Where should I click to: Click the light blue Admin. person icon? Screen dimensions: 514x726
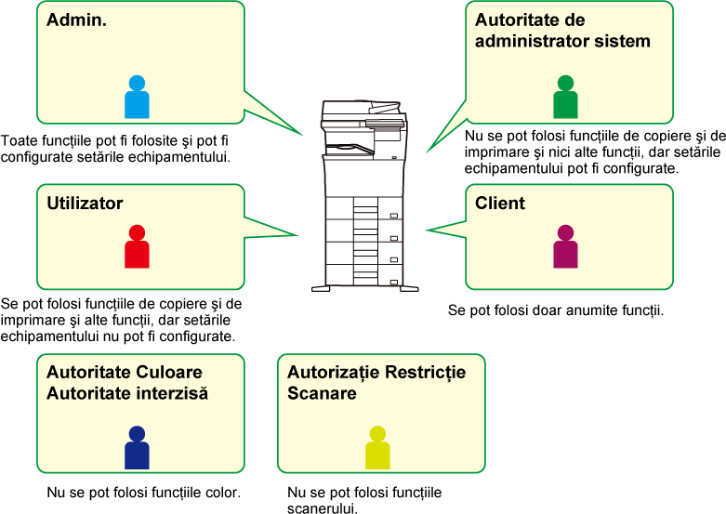[137, 97]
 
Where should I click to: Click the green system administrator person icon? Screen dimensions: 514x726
[565, 97]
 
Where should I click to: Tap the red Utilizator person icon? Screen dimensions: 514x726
[137, 247]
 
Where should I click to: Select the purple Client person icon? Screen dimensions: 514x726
[565, 247]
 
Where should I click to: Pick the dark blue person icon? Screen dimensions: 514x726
[137, 448]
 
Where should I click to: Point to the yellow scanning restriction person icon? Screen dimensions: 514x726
[377, 448]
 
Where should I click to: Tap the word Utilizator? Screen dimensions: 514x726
[85, 204]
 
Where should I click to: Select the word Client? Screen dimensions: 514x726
[500, 204]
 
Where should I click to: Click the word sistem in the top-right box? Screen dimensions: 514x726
[626, 41]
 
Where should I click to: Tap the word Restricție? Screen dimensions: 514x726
[424, 373]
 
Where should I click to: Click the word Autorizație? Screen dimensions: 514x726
[331, 373]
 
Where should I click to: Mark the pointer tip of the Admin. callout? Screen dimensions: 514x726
[304, 136]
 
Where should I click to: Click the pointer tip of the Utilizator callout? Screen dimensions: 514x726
[298, 235]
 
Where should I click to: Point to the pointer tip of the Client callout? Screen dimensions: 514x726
[426, 231]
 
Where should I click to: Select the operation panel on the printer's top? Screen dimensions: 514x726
[386, 123]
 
